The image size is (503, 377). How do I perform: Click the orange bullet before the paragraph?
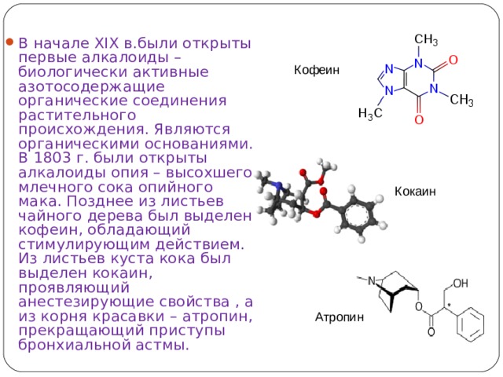(9, 42)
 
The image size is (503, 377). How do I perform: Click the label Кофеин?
(316, 70)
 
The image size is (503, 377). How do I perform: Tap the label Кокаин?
(415, 192)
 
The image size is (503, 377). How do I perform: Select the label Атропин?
(340, 317)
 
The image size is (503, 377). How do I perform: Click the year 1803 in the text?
(53, 158)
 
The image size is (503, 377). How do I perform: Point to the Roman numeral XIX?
(107, 43)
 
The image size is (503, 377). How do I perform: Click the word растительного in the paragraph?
(77, 115)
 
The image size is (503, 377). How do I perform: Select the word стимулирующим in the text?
(84, 244)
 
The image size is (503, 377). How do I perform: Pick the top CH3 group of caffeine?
(426, 39)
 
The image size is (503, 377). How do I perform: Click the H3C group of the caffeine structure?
(370, 113)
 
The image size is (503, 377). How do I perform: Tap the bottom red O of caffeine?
(419, 120)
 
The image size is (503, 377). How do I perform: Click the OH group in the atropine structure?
(461, 283)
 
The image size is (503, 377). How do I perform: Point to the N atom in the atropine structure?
(371, 281)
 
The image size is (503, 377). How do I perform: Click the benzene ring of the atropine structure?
(470, 324)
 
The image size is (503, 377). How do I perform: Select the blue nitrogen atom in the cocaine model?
(277, 185)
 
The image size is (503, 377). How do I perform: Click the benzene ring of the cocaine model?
(357, 214)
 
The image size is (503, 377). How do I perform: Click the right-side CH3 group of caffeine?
(461, 100)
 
